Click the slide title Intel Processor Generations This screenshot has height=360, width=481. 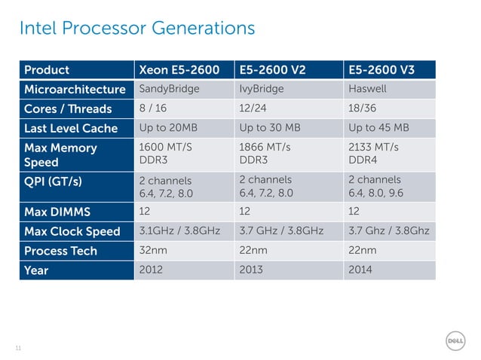[x=136, y=29]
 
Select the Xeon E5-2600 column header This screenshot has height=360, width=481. [x=179, y=70]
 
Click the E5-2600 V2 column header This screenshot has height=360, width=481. [x=272, y=70]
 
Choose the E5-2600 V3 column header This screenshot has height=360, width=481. [x=381, y=70]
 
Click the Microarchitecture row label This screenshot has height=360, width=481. [x=75, y=89]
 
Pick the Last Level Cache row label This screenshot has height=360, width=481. [x=71, y=127]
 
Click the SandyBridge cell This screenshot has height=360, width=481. [x=170, y=89]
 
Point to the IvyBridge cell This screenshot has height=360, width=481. [x=261, y=89]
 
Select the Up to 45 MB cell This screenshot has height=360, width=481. [x=378, y=127]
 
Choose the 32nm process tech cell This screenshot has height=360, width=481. [x=154, y=250]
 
